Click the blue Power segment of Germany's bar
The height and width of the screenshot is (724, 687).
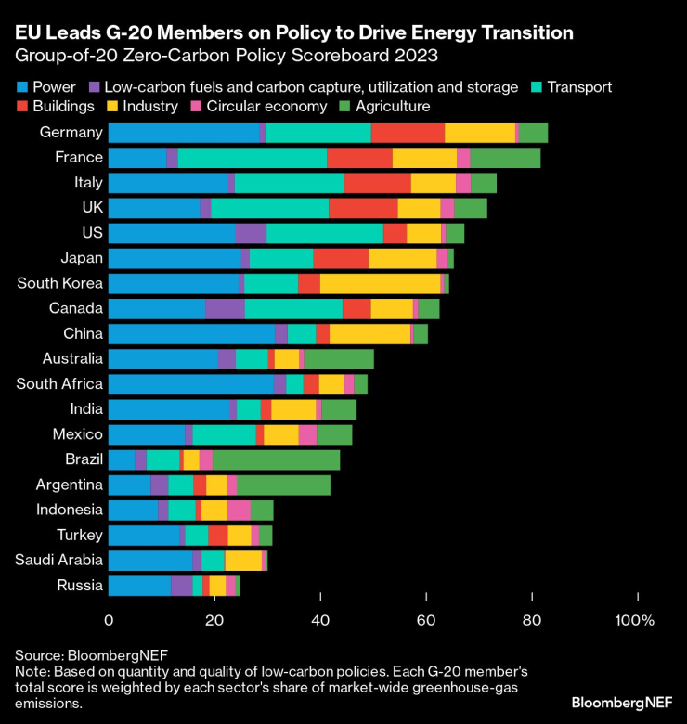point(184,132)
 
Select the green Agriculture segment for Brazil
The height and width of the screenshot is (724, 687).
point(277,459)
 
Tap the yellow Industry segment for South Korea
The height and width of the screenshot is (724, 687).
point(380,283)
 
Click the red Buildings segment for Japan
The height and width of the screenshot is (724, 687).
point(341,258)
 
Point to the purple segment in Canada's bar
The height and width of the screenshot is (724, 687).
point(225,308)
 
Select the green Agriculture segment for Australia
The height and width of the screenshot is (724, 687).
point(339,359)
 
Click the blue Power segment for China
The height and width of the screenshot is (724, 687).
point(191,334)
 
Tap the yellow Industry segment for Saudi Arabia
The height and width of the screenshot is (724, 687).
point(243,560)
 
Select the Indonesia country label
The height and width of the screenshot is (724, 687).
point(69,509)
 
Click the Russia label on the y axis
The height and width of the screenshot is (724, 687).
point(80,585)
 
